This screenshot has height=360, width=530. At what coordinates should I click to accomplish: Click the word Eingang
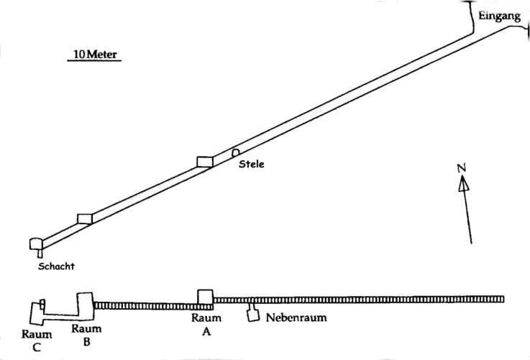click(499, 17)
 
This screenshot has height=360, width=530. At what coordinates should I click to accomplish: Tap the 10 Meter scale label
click(95, 55)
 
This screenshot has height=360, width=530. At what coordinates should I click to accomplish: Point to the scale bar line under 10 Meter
click(94, 61)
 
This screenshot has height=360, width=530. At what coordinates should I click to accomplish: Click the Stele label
click(252, 164)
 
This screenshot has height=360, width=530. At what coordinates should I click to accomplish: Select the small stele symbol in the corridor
click(235, 152)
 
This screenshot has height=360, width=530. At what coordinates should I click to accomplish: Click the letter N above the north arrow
click(462, 168)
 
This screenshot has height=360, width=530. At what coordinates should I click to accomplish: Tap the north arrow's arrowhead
click(463, 184)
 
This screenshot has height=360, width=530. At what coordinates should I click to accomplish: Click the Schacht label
click(56, 266)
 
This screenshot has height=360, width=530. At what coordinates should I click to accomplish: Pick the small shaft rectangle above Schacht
click(40, 254)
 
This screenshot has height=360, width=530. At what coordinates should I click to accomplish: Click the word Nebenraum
click(296, 318)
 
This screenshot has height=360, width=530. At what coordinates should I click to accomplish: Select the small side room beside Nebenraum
click(253, 315)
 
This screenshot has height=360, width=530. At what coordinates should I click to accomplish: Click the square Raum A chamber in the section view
click(205, 297)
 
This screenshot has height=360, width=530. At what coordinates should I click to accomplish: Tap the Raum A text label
click(206, 325)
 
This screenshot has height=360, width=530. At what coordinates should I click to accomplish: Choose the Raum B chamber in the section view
click(85, 306)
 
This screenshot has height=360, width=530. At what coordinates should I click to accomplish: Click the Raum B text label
click(86, 335)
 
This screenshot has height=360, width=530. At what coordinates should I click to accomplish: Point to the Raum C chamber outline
click(32, 314)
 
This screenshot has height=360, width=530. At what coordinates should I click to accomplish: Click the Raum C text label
click(37, 341)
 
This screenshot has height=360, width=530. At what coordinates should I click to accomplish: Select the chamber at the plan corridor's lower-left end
click(36, 244)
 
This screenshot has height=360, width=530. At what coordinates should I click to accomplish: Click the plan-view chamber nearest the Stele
click(205, 162)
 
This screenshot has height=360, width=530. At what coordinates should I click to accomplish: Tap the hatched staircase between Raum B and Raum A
click(153, 306)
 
